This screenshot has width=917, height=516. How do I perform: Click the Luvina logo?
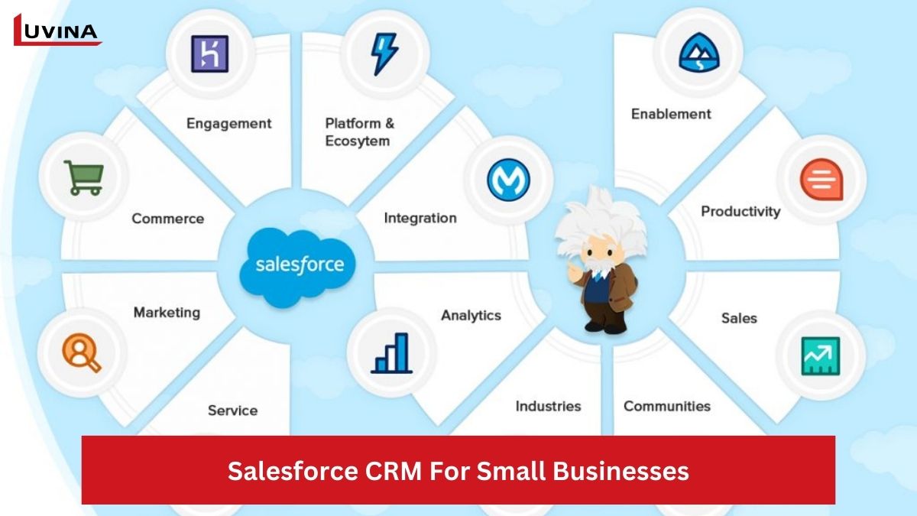[57, 31]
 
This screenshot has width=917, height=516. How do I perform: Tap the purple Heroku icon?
[210, 54]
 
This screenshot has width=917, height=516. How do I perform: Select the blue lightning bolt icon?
[384, 54]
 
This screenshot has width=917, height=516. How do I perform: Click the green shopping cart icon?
[84, 177]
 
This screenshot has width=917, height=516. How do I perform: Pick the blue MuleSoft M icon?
[508, 180]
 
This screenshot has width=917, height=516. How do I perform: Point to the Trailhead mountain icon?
[699, 52]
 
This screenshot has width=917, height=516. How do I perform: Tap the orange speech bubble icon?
[821, 180]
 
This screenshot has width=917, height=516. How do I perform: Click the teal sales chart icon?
[821, 356]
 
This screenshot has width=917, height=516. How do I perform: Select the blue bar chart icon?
[391, 353]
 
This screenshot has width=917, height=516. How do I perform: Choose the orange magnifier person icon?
[82, 353]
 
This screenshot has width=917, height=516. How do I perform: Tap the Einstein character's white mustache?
[598, 265]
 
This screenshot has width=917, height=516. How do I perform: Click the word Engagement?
[228, 123]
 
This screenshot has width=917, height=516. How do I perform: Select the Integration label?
[420, 218]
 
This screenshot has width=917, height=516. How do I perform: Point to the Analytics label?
[471, 315]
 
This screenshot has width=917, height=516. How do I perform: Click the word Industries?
[548, 406]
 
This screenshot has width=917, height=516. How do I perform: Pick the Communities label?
[667, 406]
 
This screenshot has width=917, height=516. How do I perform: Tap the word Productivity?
[740, 211]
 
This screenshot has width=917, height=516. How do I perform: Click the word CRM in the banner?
[394, 471]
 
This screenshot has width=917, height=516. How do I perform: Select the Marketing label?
[167, 313]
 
